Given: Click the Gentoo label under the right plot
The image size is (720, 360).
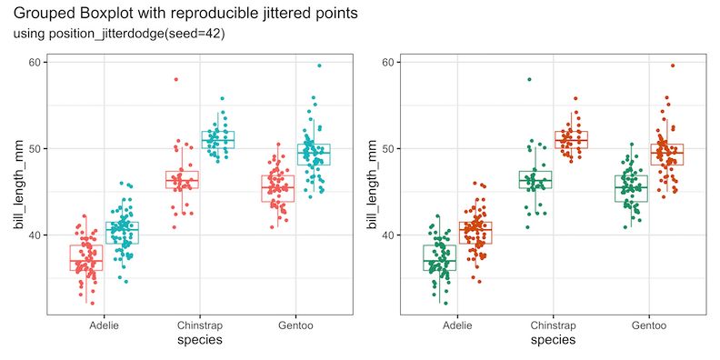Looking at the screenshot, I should click(647, 325).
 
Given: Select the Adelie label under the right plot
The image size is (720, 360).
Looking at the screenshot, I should click(457, 325).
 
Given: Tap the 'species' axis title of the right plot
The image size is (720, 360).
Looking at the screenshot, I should click(553, 341).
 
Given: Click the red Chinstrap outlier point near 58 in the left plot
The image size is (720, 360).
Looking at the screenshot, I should click(176, 79).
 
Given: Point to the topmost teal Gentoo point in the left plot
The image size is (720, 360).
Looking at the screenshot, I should click(319, 65).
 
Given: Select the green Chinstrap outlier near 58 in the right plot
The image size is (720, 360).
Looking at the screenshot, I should click(529, 79).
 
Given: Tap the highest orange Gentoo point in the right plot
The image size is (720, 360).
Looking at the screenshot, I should click(673, 65).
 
